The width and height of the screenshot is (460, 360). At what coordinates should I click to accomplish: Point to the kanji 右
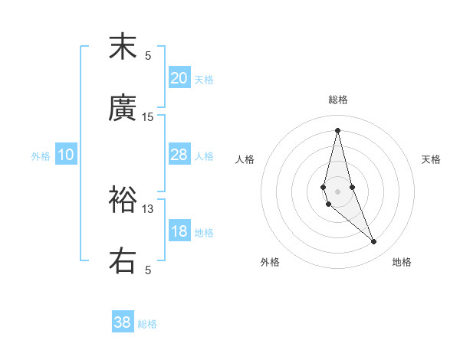(x=123, y=260)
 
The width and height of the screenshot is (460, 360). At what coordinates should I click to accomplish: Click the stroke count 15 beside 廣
(x=148, y=117)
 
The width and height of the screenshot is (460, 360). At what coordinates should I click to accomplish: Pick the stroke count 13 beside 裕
(x=148, y=208)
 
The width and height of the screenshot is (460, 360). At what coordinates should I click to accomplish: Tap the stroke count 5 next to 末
(x=148, y=55)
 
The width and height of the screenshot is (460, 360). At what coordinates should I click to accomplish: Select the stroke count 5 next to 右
(x=148, y=270)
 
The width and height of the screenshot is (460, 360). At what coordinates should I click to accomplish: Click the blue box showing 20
(x=179, y=78)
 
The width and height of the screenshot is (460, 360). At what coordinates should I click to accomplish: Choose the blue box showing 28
(x=179, y=155)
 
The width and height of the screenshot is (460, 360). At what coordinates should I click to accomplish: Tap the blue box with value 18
(x=179, y=231)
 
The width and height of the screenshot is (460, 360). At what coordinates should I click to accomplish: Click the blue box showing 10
(x=66, y=155)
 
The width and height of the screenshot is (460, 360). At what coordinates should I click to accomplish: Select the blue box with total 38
(x=123, y=322)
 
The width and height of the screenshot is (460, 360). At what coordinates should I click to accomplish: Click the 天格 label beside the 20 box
(x=204, y=80)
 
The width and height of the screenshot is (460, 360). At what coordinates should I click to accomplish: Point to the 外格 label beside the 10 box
(x=41, y=156)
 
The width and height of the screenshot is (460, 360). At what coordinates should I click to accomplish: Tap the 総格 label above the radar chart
(x=337, y=100)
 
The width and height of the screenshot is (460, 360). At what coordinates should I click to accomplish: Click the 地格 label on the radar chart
(x=402, y=262)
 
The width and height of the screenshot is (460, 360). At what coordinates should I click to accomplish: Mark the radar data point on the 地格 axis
(x=374, y=242)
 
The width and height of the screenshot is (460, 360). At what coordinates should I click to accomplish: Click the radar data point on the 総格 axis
(x=337, y=129)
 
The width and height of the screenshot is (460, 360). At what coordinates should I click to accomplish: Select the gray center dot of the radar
(x=337, y=191)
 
